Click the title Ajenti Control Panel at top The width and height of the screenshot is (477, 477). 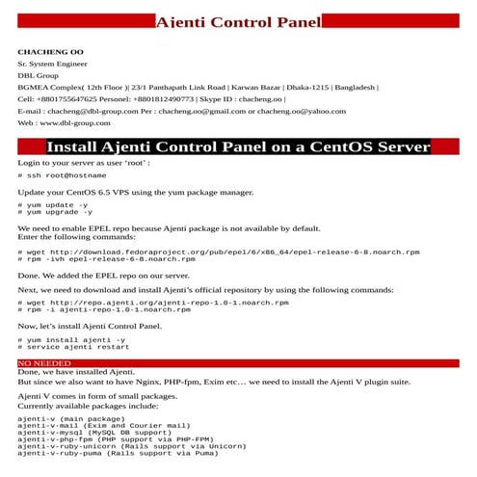point(238,21)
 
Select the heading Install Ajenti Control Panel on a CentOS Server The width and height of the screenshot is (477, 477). point(238,147)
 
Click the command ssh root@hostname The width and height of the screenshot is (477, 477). point(63,176)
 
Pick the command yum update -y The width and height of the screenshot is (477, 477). point(58,204)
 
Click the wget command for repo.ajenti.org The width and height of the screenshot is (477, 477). point(154,303)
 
